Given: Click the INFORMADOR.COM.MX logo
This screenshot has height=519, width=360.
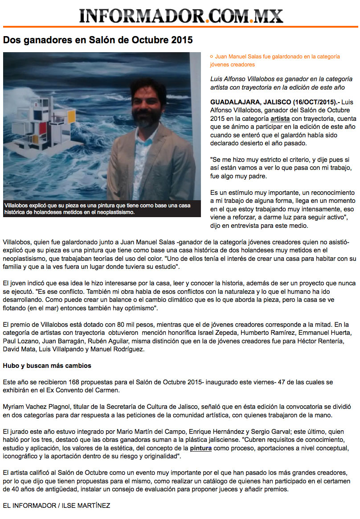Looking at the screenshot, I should pos(181,16).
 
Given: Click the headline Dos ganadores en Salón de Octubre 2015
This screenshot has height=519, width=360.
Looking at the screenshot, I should pos(98,40).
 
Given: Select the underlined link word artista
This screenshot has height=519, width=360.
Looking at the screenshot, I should pos(280,119).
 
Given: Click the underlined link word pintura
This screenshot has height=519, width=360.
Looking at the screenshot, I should pos(200,448).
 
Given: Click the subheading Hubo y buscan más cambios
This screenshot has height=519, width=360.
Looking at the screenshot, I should pos(47,366).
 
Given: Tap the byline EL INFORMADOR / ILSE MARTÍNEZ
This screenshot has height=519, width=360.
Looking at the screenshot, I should pos(57,505).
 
